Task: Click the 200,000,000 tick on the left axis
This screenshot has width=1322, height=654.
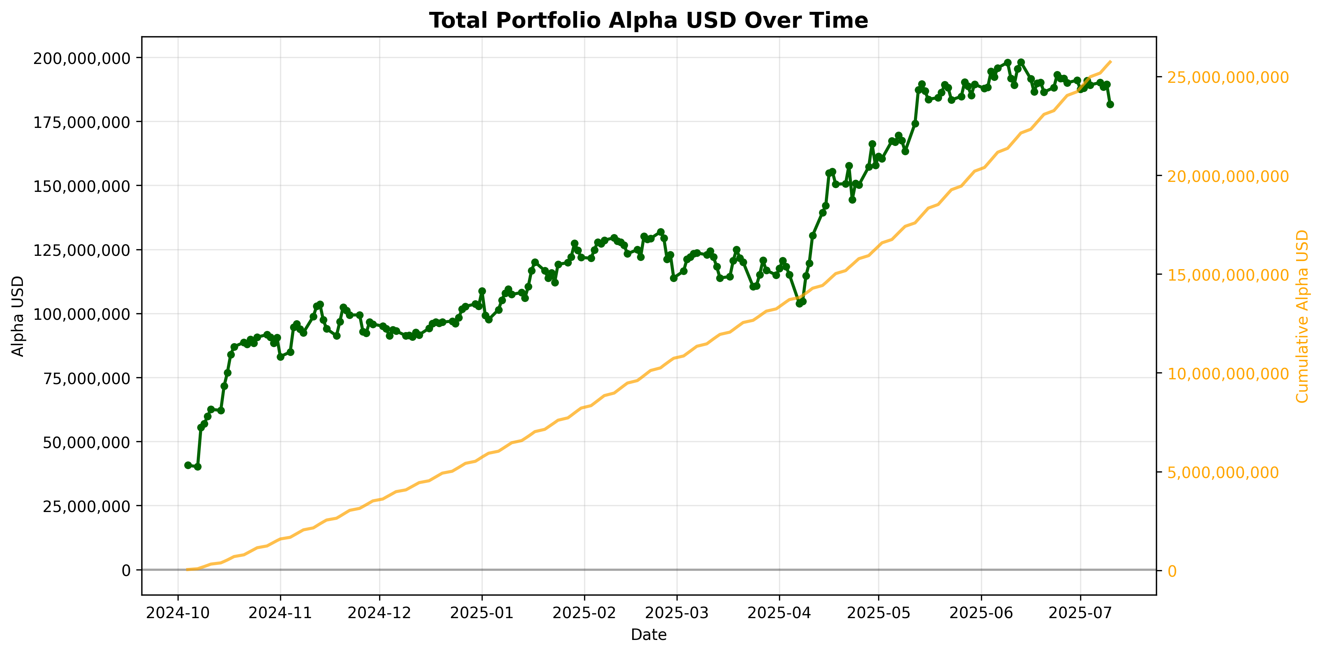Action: point(82,58)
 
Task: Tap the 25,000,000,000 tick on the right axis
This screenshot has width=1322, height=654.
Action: point(1228,78)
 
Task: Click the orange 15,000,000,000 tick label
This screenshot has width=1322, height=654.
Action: point(1228,275)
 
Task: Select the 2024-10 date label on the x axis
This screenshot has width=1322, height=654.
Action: point(178,613)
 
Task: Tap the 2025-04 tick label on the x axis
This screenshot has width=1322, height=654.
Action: point(779,613)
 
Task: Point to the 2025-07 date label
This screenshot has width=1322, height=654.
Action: point(1080,613)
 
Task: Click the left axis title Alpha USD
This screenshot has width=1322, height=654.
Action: point(18,316)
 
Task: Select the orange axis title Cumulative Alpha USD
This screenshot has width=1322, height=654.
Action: point(1302,316)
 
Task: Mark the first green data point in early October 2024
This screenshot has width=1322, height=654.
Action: point(188,465)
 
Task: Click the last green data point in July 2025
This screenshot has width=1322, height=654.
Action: point(1110,104)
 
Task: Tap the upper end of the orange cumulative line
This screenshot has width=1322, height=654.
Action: point(1110,61)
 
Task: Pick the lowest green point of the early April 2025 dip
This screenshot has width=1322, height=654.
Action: point(799,304)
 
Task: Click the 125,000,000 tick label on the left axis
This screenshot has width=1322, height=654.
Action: point(82,250)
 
